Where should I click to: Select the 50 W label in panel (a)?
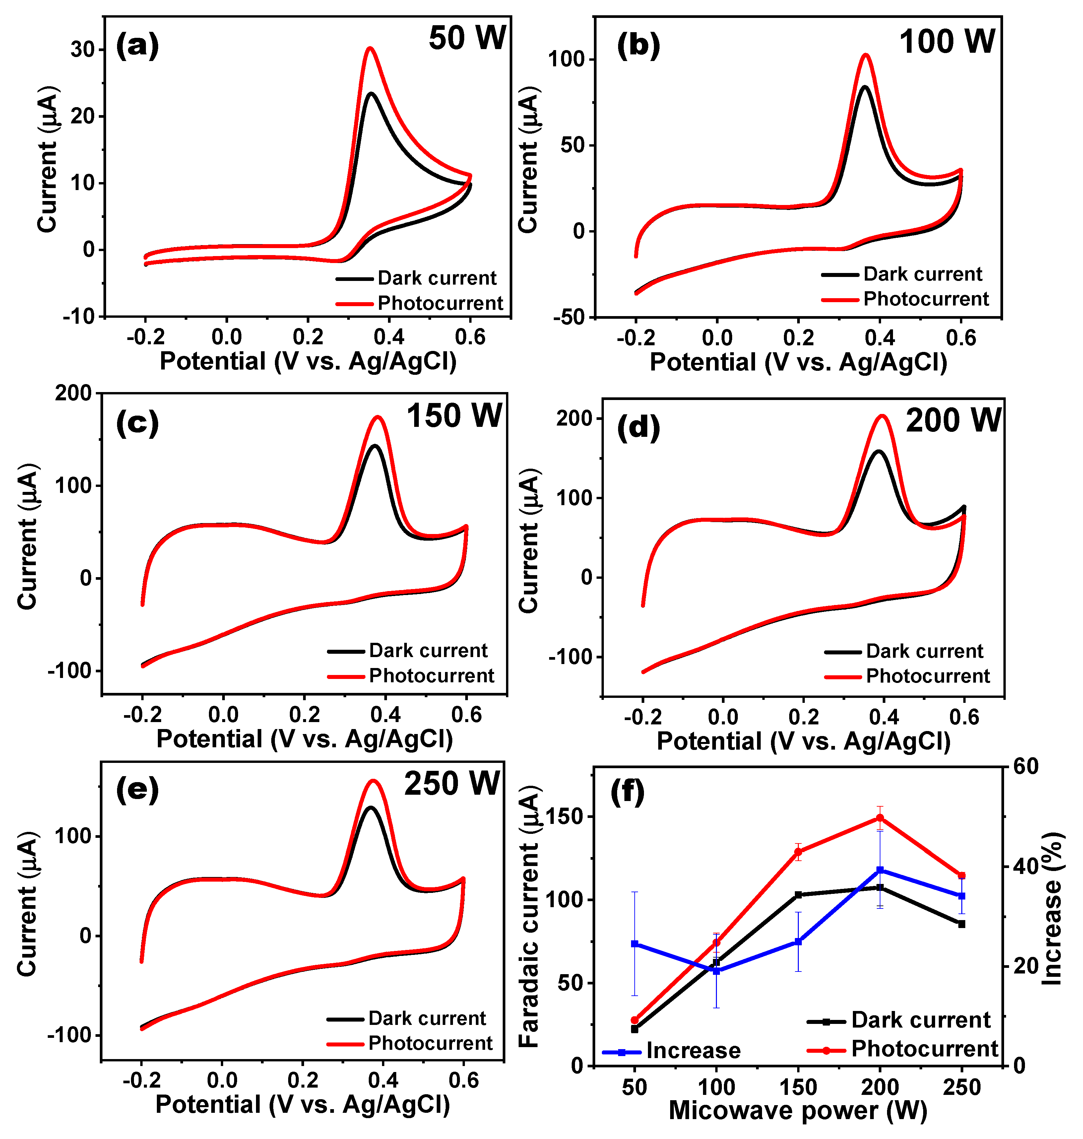coord(467,38)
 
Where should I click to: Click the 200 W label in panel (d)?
coord(953,420)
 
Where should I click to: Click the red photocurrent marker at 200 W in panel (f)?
coord(880,818)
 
